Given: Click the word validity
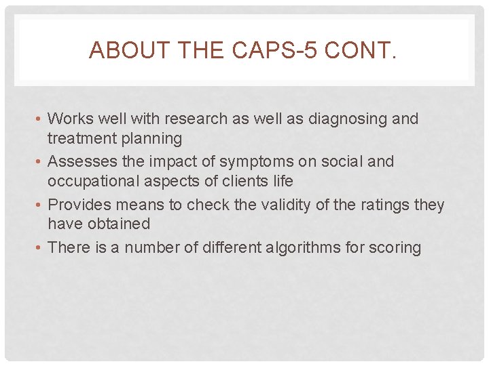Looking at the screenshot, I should click(x=268, y=205).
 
